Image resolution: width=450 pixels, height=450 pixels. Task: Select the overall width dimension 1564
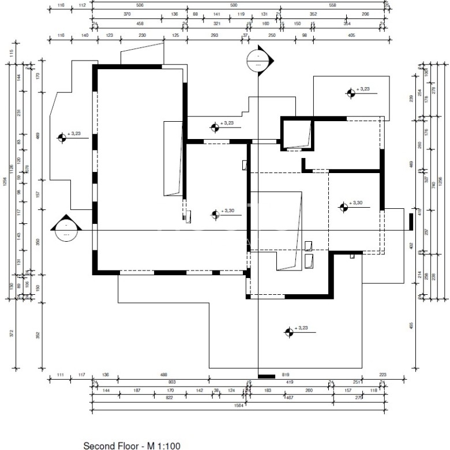click(238, 405)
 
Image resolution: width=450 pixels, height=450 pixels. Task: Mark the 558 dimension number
click(333, 5)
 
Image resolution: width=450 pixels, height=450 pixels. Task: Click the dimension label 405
click(351, 35)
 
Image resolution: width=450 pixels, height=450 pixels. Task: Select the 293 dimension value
click(214, 35)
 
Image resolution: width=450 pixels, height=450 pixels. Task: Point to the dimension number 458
click(140, 24)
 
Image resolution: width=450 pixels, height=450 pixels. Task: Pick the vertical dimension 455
click(411, 326)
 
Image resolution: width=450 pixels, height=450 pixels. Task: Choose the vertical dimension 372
click(12, 333)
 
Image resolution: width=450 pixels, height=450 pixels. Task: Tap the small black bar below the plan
click(267, 377)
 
